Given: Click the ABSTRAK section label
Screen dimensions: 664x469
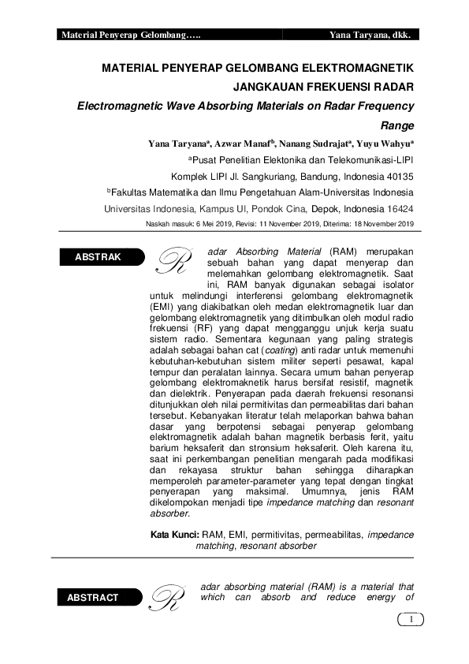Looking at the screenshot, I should click(x=98, y=257).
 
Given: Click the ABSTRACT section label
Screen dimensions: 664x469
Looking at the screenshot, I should click(x=93, y=598).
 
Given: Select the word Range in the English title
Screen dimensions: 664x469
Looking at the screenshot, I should click(x=397, y=125).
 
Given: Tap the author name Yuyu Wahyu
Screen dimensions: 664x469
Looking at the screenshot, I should click(x=384, y=144).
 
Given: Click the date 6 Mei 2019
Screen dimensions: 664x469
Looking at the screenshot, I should click(x=211, y=224).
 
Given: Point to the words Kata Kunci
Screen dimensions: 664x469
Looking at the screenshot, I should click(x=174, y=534).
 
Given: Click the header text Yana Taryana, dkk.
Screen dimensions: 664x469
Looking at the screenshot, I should click(x=374, y=35).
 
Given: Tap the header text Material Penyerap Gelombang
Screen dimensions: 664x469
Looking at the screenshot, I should click(x=131, y=35).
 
